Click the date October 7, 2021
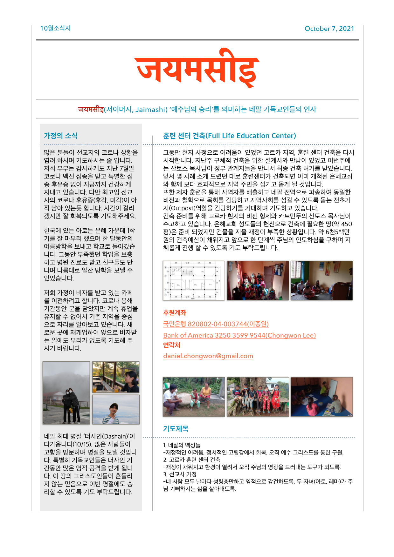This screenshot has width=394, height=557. tap(329, 29)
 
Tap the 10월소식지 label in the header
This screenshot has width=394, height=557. tap(55, 28)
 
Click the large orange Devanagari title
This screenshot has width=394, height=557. tap(197, 68)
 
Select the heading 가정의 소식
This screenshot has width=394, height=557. tap(61, 136)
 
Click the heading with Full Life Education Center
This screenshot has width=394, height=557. tap(229, 136)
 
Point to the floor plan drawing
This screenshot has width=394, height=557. tap(194, 280)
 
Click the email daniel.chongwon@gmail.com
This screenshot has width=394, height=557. tap(208, 356)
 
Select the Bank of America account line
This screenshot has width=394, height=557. tap(239, 335)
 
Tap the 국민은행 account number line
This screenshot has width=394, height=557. tap(216, 324)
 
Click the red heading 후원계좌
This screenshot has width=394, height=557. tap(174, 312)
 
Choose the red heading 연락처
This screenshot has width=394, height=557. tap(172, 345)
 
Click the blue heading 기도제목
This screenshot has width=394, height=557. tap(176, 429)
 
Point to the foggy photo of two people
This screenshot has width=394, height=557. tap(66, 393)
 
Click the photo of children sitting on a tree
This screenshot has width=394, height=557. tap(258, 397)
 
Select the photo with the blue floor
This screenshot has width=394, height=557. tap(321, 397)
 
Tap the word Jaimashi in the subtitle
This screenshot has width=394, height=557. tap(150, 110)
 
